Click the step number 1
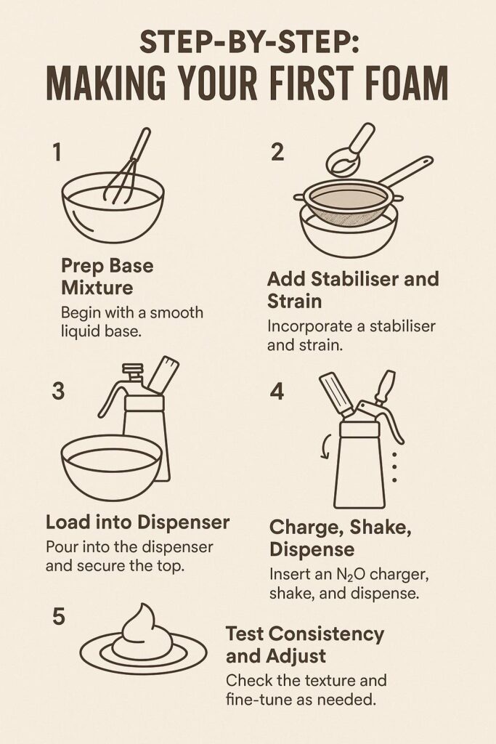click(57, 153)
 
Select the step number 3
click(58, 390)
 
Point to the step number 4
click(277, 390)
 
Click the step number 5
click(58, 617)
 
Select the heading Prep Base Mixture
click(107, 276)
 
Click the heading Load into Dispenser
click(137, 522)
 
